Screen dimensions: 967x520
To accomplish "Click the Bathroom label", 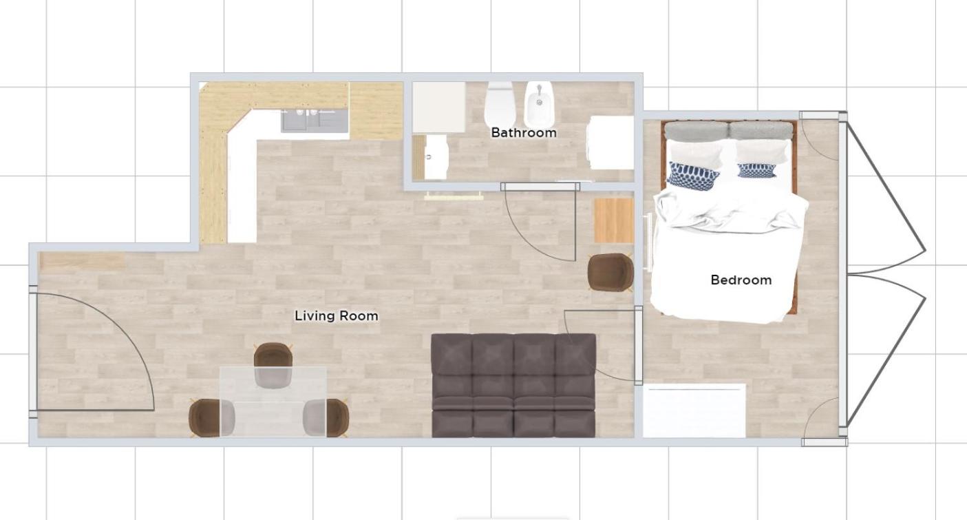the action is [524, 133].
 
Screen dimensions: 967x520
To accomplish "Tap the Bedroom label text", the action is [741, 280].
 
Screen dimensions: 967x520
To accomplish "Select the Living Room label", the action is [337, 315].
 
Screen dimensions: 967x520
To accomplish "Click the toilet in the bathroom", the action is [498, 103].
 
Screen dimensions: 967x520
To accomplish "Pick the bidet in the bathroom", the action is [539, 103].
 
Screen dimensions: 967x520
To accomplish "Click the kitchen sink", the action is [315, 120].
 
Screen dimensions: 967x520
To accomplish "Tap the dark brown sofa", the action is [513, 385].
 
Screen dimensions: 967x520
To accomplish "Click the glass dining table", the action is [273, 402].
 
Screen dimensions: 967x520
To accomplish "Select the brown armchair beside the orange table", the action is [610, 272].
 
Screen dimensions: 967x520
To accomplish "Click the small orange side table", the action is [613, 220].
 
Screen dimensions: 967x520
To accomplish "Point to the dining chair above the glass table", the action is [273, 364].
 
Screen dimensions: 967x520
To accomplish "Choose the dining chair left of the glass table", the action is [211, 417].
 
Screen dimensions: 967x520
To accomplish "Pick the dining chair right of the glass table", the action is [326, 417].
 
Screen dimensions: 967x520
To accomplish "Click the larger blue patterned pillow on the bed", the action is [693, 176].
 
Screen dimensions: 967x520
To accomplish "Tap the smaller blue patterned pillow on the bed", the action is [756, 171].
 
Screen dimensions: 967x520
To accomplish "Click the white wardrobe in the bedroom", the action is [694, 410].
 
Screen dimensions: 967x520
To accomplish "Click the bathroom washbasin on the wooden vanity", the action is [435, 157].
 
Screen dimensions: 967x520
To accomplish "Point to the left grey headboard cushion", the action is [697, 132].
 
